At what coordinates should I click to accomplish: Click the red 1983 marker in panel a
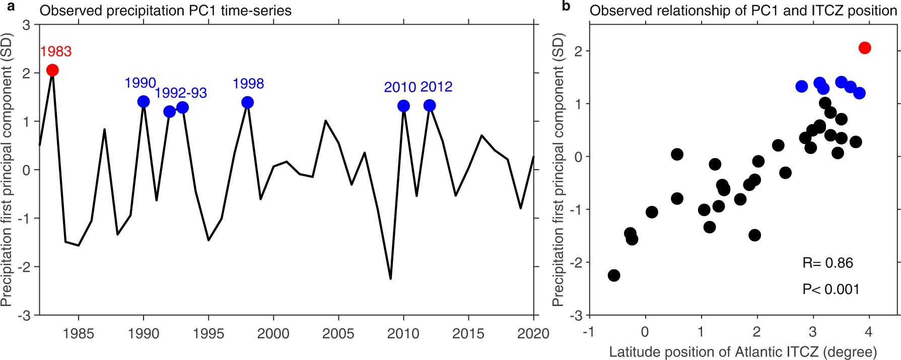52,70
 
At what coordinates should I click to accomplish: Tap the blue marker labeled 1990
144,102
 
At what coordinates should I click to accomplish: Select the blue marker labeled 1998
247,102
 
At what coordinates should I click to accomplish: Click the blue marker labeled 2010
403,106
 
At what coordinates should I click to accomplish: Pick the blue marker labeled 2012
430,105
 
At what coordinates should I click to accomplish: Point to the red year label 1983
56,51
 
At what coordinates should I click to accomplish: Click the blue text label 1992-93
181,93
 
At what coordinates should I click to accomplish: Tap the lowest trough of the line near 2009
390,278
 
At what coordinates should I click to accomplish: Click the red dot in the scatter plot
865,48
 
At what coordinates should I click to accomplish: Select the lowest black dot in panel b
614,275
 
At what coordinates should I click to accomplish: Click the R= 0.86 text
827,263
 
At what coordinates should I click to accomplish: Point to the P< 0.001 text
830,290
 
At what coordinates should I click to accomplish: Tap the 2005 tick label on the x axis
338,334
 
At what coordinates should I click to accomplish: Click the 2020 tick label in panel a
533,334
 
